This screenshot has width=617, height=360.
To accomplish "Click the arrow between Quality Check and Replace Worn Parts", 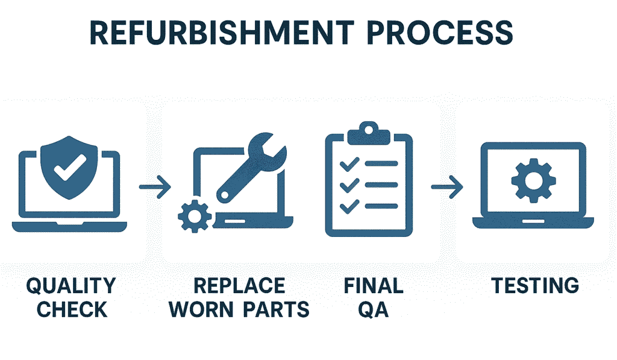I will point(155,186).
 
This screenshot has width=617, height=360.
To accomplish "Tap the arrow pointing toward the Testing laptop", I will point(446,186).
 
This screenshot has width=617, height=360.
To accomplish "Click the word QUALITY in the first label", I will point(71,285).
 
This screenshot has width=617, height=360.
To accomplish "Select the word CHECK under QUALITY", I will point(72,309).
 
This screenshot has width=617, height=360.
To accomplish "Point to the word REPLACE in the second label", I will point(239,285).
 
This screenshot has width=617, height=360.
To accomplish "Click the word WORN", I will point(204,309).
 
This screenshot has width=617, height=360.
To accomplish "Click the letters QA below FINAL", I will point(373,309).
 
